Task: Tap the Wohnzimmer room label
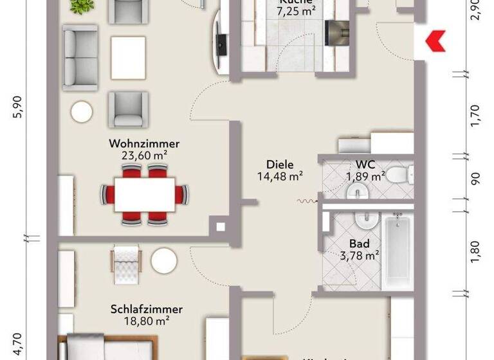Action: coord(144,143)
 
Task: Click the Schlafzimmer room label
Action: coord(146,309)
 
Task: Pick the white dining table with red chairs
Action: coord(146,194)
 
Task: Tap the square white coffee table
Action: coord(127,56)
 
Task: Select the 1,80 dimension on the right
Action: coord(475,253)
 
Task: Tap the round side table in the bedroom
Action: coord(164,261)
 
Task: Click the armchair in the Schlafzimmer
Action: coord(127,262)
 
